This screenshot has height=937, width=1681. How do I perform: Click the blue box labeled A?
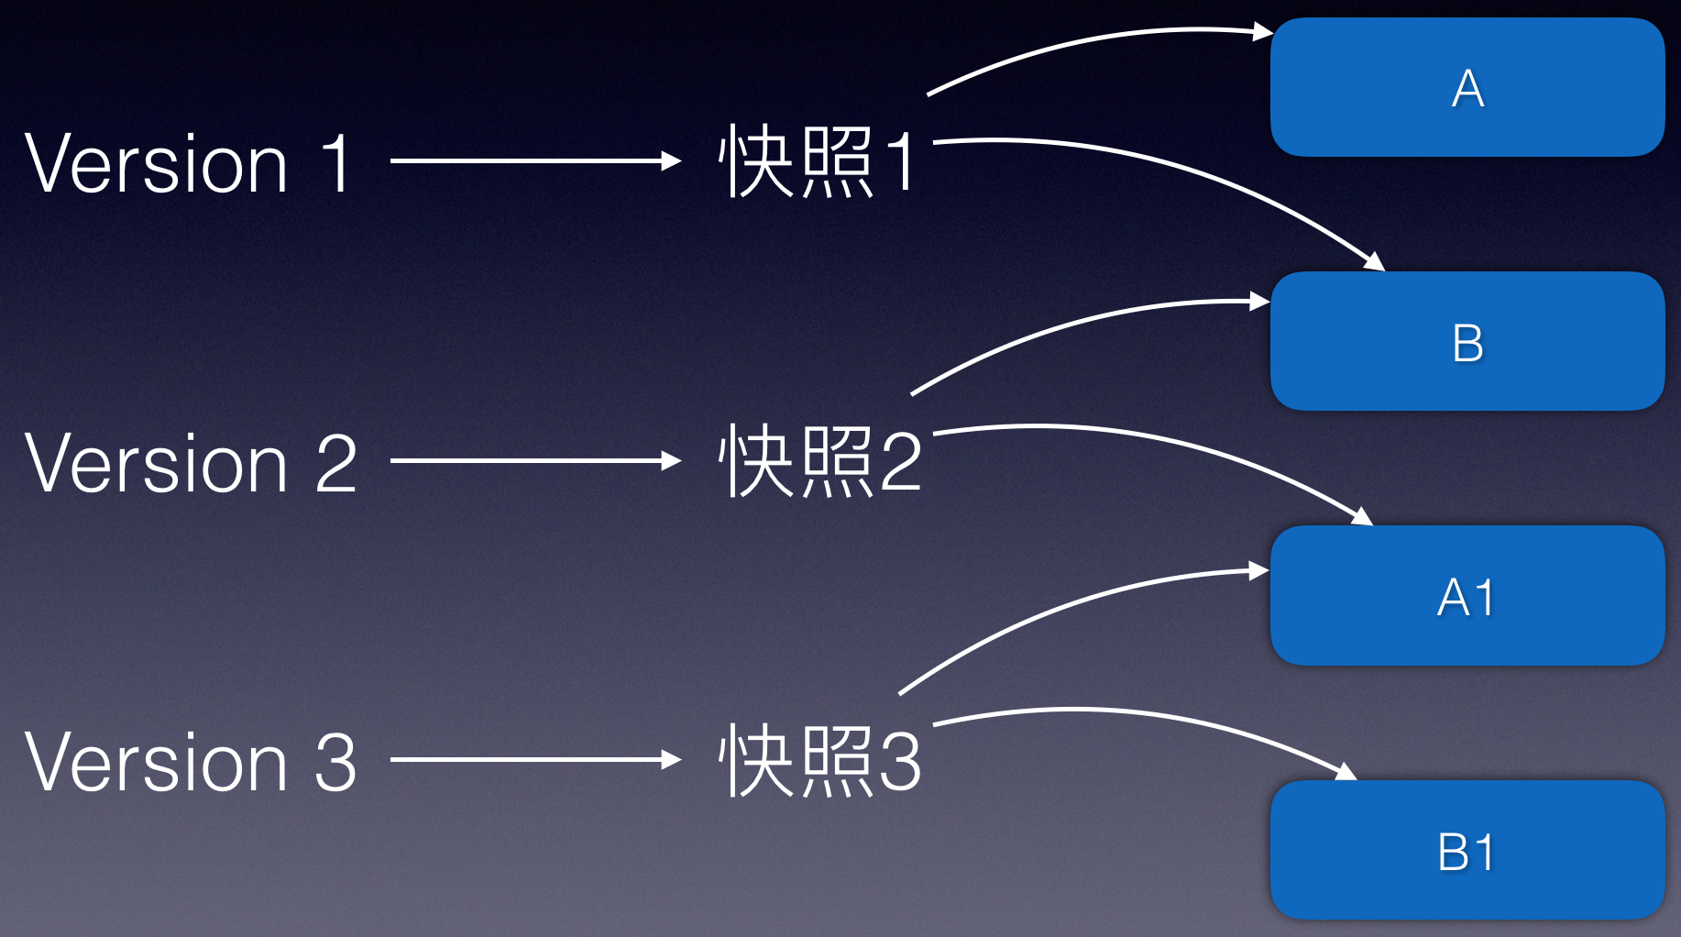tap(1467, 87)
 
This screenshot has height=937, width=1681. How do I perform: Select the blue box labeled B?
tap(1467, 341)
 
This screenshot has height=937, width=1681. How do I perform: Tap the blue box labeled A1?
tap(1467, 596)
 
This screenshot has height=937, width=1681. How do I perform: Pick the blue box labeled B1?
tap(1467, 850)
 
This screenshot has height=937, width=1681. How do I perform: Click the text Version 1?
tap(189, 163)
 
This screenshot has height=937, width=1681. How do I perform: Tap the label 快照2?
tap(819, 462)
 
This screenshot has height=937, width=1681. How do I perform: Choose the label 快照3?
tap(819, 761)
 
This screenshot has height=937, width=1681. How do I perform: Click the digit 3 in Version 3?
tap(335, 762)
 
